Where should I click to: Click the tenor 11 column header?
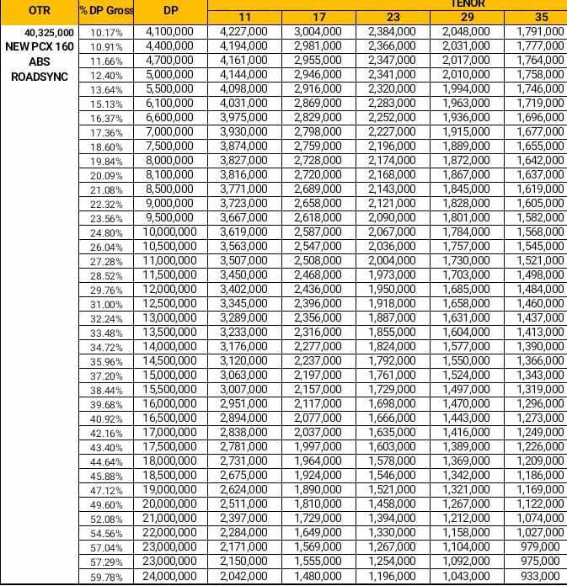point(244,17)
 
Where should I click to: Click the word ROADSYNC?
point(40,76)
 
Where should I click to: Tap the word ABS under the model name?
point(40,61)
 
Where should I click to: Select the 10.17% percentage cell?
point(107,33)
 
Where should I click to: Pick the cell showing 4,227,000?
point(243,31)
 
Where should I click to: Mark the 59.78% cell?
point(107,577)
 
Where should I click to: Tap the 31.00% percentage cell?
point(107,305)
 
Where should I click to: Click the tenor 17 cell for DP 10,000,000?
point(318,232)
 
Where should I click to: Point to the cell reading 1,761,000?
point(392,375)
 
